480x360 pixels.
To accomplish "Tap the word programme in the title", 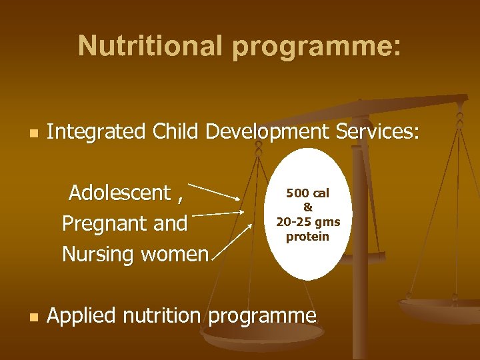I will tap(316, 46).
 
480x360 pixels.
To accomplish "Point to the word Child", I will tap(175, 132).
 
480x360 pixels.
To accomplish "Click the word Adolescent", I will tap(120, 193).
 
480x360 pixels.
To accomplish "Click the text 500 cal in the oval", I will tap(308, 193).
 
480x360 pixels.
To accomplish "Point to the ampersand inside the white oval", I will tap(308, 207).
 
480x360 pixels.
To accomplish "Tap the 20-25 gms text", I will tap(308, 222).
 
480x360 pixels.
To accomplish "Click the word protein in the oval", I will tap(308, 237).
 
